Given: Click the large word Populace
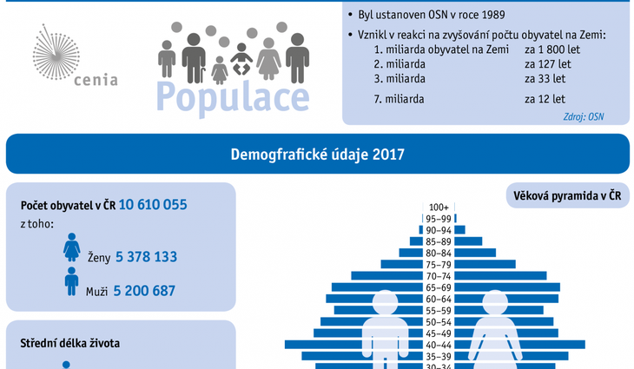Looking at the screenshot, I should (232, 97).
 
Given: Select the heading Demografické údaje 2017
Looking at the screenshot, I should (317, 155).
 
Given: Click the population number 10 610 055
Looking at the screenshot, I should (153, 206).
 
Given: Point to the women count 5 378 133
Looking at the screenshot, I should (146, 257).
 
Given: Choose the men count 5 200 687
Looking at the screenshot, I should (144, 291).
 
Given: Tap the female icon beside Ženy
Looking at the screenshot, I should (71, 248).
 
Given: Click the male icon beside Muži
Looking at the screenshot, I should (71, 281).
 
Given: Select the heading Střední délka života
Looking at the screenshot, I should (69, 343).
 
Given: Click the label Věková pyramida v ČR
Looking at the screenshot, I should (565, 195).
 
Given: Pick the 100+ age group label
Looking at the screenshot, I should (439, 208).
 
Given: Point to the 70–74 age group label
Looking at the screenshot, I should (439, 276).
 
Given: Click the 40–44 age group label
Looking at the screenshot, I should (439, 345).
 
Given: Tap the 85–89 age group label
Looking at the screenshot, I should (439, 241).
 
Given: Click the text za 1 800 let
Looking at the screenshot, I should (552, 49).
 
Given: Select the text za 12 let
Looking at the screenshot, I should (545, 99).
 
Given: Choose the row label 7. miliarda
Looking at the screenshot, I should (399, 99).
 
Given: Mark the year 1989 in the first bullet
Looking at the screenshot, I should (490, 15).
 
